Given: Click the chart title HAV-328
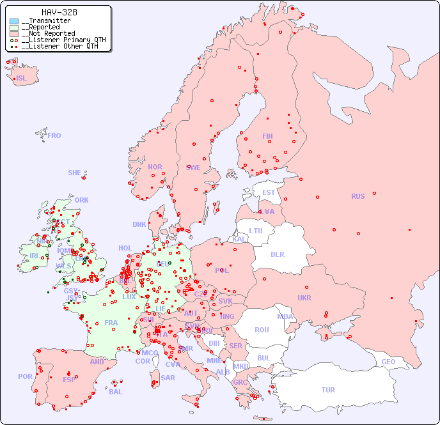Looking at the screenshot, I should pos(59,12).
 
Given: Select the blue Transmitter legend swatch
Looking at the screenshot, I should pos(14,21).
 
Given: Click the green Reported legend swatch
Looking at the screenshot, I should pos(14,27).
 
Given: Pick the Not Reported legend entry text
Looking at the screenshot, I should pos(48,33).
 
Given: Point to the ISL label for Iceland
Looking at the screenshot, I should pos(22,79).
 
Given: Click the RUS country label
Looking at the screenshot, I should pos(357,196).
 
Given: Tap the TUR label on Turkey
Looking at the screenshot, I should pos(328,390).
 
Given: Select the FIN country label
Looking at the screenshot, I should pos(267,136).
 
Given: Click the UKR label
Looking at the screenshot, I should pos(304,298).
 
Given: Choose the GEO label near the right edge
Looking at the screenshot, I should pos(388,362).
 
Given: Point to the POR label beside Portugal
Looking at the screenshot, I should pos(25,376).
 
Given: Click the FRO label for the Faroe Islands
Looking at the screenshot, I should pos(54,135).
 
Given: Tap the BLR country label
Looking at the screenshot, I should pos(277,254).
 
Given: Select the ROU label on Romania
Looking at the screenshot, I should pos(262,330).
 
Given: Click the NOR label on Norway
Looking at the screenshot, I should pos(155,167).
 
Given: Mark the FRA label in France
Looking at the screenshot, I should pos(111,323).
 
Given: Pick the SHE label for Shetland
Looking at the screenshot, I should pos(75,173).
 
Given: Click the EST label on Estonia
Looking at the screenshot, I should pos(269,192).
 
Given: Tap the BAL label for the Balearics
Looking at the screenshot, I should pos(116,392).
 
